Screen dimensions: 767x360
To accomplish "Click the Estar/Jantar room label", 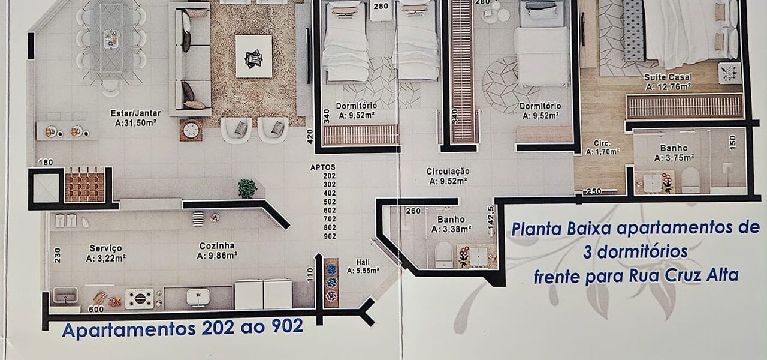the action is pos(135,113).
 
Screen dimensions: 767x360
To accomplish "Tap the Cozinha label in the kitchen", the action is pos(217,246).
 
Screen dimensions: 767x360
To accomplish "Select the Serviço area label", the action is pos(105,248).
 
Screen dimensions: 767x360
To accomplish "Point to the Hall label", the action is pos(363,262).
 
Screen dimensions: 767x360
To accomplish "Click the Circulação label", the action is pos(448,171).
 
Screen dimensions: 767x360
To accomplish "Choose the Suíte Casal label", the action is pos(668,77).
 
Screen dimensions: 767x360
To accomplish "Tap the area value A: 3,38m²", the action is pos(451,229).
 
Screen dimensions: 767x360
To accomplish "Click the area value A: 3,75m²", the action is pos(674,158).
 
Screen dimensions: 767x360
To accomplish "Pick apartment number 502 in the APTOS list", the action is pos(330,202).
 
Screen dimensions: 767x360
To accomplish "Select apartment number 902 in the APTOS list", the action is pos(330,236).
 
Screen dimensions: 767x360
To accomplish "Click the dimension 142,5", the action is pos(491,218).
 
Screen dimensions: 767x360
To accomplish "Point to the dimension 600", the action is pos(96,309).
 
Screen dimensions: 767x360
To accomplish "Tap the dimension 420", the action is pos(310,136).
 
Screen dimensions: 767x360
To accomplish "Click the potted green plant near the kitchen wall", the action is pos(247,188).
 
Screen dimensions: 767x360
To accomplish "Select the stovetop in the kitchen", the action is pos(140,298).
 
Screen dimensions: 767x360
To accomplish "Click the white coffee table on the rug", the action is pos(253,56).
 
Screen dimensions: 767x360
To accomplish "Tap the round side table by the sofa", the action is pos(191,130).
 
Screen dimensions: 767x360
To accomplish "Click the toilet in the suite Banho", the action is pos(690,180).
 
